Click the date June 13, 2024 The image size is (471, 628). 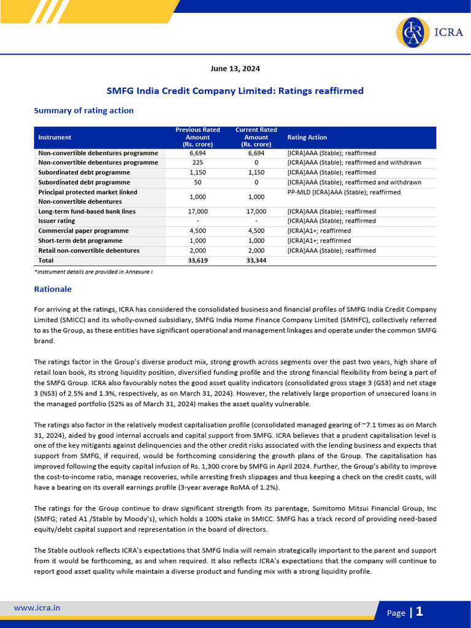point(235,69)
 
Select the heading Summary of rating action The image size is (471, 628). point(83,110)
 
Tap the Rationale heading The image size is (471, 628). point(53,289)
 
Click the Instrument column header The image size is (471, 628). point(55,137)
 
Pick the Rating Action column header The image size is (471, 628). point(307,137)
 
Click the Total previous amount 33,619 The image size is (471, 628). point(197,261)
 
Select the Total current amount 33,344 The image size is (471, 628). point(256,261)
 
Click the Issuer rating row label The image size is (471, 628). point(56,221)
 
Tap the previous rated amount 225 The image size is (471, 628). point(197,163)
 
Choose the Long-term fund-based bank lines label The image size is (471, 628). point(86,211)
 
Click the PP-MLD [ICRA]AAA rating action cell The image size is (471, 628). point(343,192)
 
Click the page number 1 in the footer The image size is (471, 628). point(419,611)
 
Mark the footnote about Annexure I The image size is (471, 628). point(93,272)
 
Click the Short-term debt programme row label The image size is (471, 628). point(80,240)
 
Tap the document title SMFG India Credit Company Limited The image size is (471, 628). point(235,91)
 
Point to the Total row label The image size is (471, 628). point(46,261)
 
